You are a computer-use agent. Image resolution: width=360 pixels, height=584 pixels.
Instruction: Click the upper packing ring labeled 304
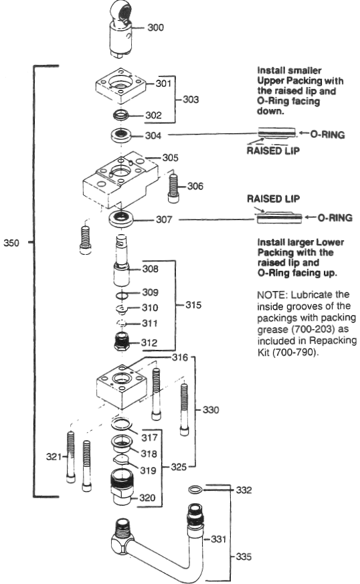121,136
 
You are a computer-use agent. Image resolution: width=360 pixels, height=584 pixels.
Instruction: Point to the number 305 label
171,159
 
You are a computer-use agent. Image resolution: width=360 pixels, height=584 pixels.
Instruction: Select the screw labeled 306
173,187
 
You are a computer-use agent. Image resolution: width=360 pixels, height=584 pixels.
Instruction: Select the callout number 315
192,307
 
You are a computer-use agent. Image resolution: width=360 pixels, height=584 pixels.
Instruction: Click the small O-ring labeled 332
195,490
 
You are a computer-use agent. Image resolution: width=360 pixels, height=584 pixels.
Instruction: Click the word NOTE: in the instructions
272,294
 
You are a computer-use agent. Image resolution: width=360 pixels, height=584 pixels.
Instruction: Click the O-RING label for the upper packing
328,134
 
